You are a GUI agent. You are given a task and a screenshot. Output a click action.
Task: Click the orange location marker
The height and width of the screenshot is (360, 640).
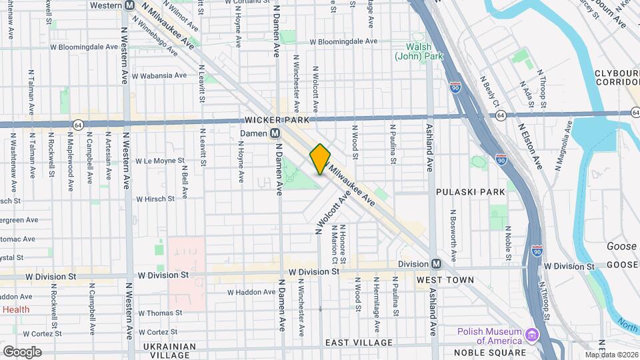pos(320,159)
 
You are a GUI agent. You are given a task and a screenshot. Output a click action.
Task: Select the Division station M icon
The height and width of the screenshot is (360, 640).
pos(437,264)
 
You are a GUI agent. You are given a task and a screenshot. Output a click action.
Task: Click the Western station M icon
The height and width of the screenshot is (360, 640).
pos(129,5)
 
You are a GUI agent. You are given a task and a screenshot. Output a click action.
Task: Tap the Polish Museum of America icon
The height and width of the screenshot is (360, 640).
pos(531,334)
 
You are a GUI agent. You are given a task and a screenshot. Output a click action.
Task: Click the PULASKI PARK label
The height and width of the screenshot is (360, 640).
pos(471,191)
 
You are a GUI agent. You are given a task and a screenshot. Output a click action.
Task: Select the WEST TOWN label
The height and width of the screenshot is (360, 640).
pos(445,280)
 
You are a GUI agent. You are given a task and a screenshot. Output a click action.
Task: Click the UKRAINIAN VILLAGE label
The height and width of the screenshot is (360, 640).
pos(169,351)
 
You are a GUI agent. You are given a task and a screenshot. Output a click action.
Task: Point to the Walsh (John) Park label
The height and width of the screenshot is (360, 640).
pos(419,52)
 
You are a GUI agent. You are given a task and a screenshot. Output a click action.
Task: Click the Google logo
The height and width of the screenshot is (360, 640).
pos(21,351)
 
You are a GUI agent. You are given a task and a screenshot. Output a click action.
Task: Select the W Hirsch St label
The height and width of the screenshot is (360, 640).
pos(155,199)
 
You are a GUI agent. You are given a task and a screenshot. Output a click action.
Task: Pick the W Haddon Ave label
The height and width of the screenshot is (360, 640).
pos(251,292)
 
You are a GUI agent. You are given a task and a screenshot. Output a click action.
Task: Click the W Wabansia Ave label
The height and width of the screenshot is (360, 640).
pos(159,75)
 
